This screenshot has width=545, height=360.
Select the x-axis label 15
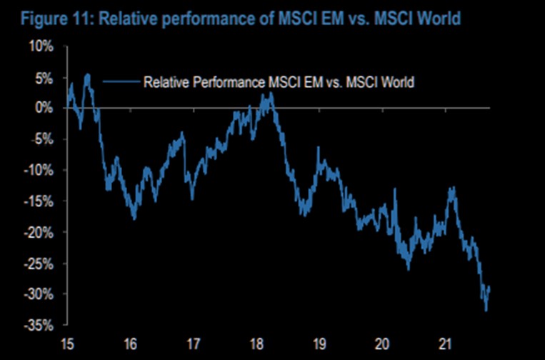pyautogui.click(x=68, y=341)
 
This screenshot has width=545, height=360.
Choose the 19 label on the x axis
pyautogui.click(x=319, y=341)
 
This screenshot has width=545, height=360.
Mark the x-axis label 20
pyautogui.click(x=382, y=341)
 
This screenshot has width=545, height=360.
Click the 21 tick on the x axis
pyautogui.click(x=445, y=341)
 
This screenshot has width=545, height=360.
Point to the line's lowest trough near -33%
pyautogui.click(x=486, y=310)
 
